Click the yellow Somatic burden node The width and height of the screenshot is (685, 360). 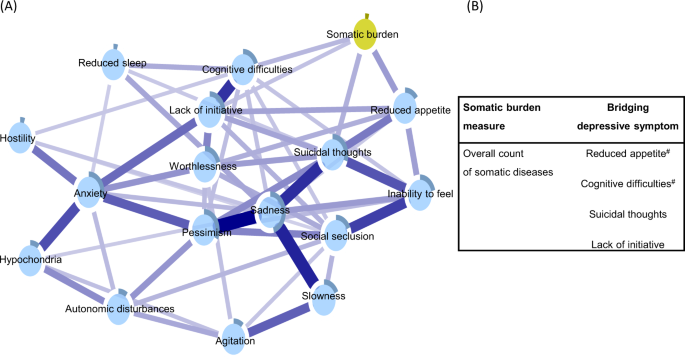point(366,35)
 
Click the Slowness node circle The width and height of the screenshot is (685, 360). point(324,296)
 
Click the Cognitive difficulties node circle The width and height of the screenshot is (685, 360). point(245,68)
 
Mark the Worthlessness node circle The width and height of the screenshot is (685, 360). point(204,166)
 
